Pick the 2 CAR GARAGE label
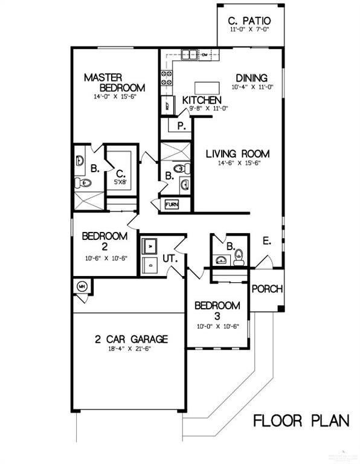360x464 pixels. tap(130, 339)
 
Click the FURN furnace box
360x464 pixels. tap(172, 205)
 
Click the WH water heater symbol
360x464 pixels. tap(82, 286)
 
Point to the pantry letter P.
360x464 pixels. tap(181, 126)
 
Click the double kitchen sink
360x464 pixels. tap(188, 56)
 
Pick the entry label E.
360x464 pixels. tap(266, 240)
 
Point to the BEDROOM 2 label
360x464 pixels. tap(104, 240)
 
